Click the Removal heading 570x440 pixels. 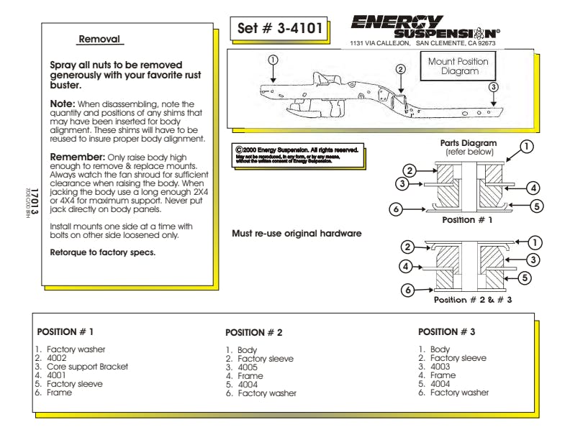click(99, 39)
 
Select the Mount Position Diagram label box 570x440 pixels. click(458, 66)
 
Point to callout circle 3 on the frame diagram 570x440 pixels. click(493, 87)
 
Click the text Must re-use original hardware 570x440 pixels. click(297, 234)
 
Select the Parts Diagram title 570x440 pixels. click(469, 143)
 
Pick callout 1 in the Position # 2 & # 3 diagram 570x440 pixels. click(535, 243)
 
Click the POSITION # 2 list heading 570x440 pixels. click(254, 333)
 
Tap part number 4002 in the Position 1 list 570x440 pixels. click(57, 358)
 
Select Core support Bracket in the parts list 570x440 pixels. click(87, 367)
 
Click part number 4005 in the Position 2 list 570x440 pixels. click(248, 367)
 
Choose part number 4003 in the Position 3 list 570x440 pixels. click(440, 367)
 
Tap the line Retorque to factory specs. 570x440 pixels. click(102, 252)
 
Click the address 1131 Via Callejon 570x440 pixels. click(381, 43)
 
